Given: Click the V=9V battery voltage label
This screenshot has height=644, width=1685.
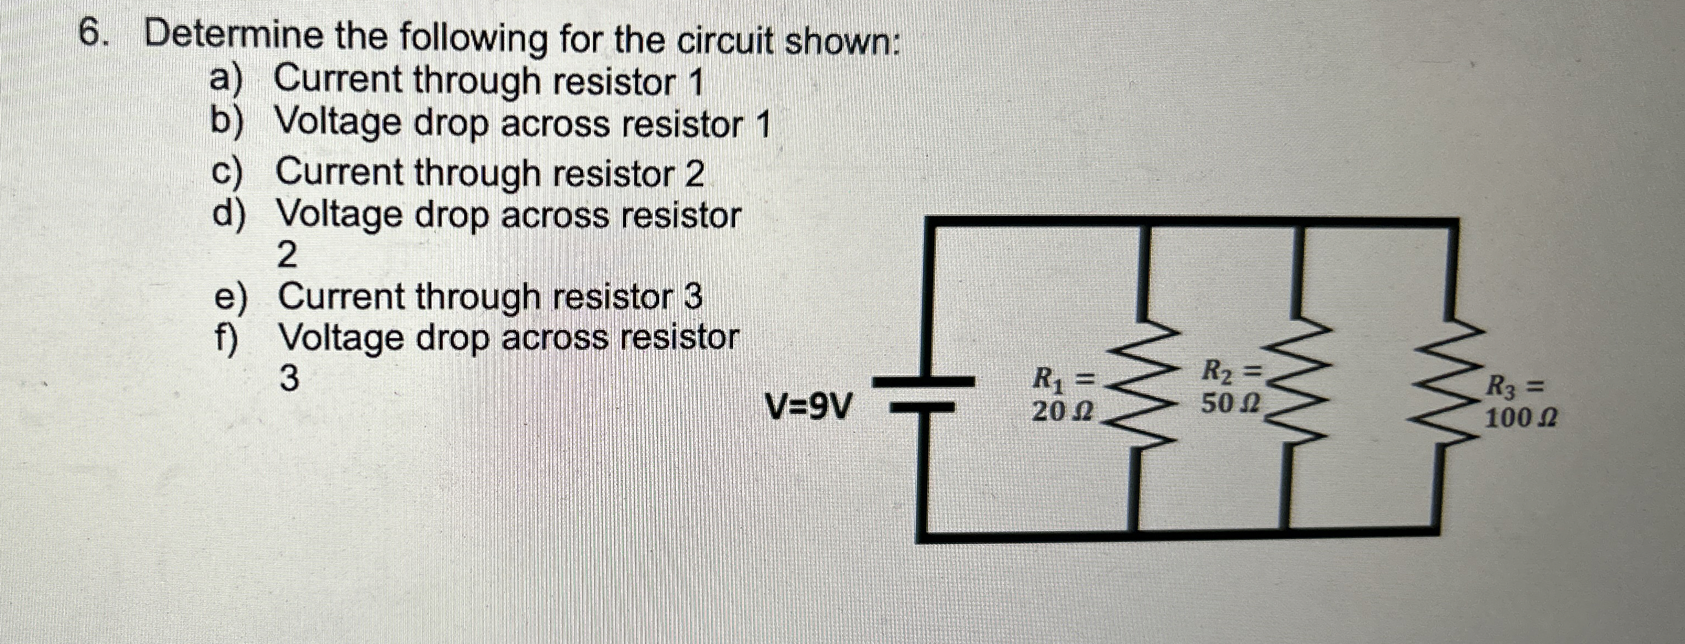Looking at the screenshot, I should pos(810,409).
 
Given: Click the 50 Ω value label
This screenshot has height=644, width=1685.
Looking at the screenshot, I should pos(1230,404).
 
